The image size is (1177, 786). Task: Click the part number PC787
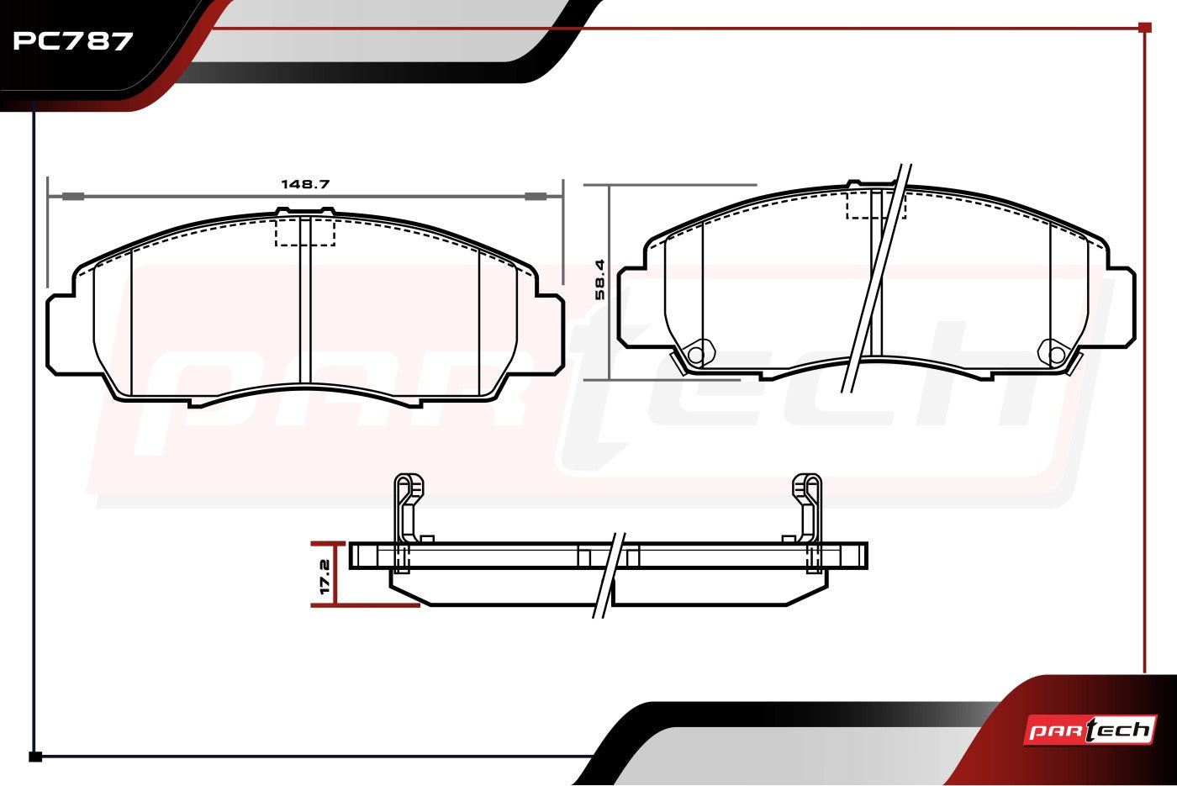(x=72, y=41)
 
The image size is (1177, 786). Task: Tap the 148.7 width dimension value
(x=305, y=184)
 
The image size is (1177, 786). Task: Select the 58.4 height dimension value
(x=600, y=279)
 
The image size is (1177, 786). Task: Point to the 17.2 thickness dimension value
(x=325, y=577)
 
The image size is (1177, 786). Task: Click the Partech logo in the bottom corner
(x=1090, y=731)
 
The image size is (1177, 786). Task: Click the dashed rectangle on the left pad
(x=305, y=232)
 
